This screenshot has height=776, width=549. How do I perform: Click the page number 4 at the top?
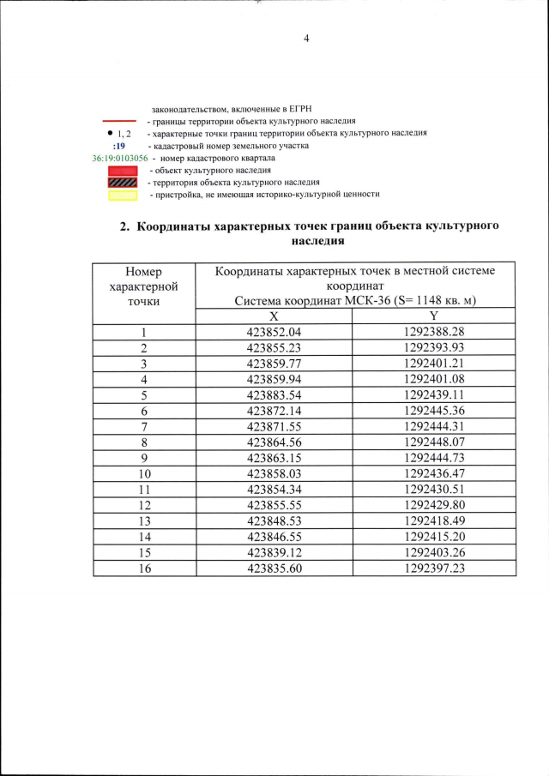click(x=305, y=38)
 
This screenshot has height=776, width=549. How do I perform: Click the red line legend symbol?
click(x=119, y=121)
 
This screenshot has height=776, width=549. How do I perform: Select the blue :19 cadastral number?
click(x=119, y=147)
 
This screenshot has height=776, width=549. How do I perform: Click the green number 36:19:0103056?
click(x=119, y=159)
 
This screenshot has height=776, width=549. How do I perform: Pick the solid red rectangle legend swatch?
click(x=123, y=171)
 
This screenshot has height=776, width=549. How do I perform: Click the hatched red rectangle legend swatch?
click(x=123, y=183)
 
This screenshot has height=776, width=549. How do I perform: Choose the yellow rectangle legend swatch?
click(x=123, y=195)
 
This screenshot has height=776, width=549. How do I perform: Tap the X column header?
click(x=274, y=316)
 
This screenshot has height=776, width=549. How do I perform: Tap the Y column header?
click(x=434, y=316)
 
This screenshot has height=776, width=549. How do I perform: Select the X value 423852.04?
click(x=274, y=333)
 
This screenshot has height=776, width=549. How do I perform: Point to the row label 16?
click(x=144, y=568)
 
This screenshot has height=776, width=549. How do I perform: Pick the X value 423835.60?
click(x=274, y=568)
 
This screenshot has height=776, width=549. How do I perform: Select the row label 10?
click(x=144, y=473)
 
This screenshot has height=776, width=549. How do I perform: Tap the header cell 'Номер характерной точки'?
click(x=144, y=286)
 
